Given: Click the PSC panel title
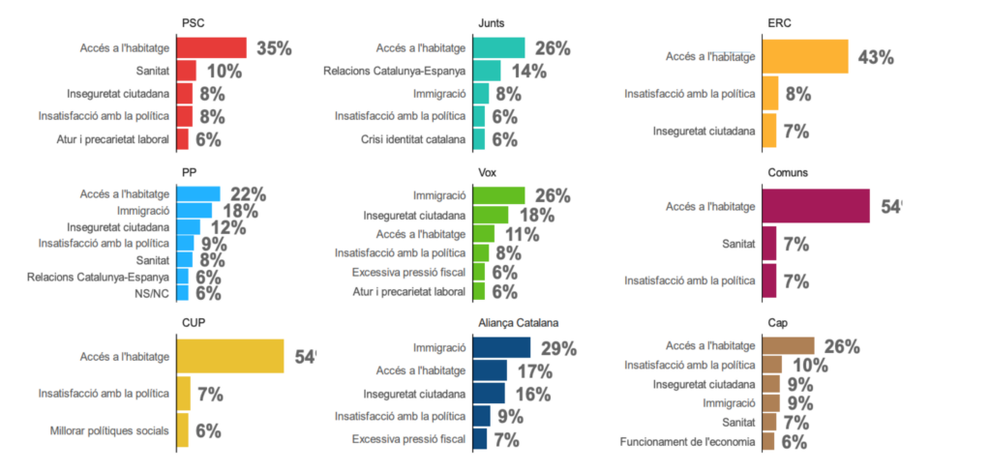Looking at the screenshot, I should (x=193, y=22).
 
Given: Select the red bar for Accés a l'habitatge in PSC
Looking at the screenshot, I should (x=211, y=48).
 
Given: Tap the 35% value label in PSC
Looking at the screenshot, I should (x=274, y=48).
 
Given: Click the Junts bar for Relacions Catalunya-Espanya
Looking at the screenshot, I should (x=487, y=71).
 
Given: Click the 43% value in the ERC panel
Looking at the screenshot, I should (x=875, y=57).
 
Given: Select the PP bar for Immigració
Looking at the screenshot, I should (x=195, y=210).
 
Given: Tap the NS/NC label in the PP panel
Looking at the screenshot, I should (x=154, y=293).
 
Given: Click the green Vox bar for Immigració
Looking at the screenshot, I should (x=499, y=195).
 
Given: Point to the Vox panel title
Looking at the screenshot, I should (x=488, y=172).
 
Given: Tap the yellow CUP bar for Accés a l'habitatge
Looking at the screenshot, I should (x=230, y=356).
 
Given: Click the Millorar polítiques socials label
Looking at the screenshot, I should (x=109, y=430).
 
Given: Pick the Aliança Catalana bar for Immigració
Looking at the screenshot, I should (x=501, y=348).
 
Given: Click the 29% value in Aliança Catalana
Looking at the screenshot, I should (x=558, y=348).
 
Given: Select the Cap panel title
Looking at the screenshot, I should (x=776, y=323).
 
